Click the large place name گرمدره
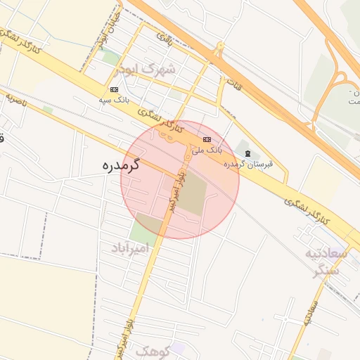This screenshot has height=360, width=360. (117, 167)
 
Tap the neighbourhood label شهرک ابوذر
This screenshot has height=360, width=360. (160, 70)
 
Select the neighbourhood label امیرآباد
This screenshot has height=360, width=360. (130, 248)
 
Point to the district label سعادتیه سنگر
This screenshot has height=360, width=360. (323, 261)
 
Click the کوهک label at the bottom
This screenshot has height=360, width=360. (152, 350)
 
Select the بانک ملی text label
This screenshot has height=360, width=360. (207, 150)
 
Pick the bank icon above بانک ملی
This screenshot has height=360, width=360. (207, 139)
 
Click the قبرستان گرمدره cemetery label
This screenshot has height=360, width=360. (247, 165)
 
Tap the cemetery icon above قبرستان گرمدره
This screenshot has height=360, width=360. (247, 153)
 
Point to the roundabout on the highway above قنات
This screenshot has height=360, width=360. (219, 50)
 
